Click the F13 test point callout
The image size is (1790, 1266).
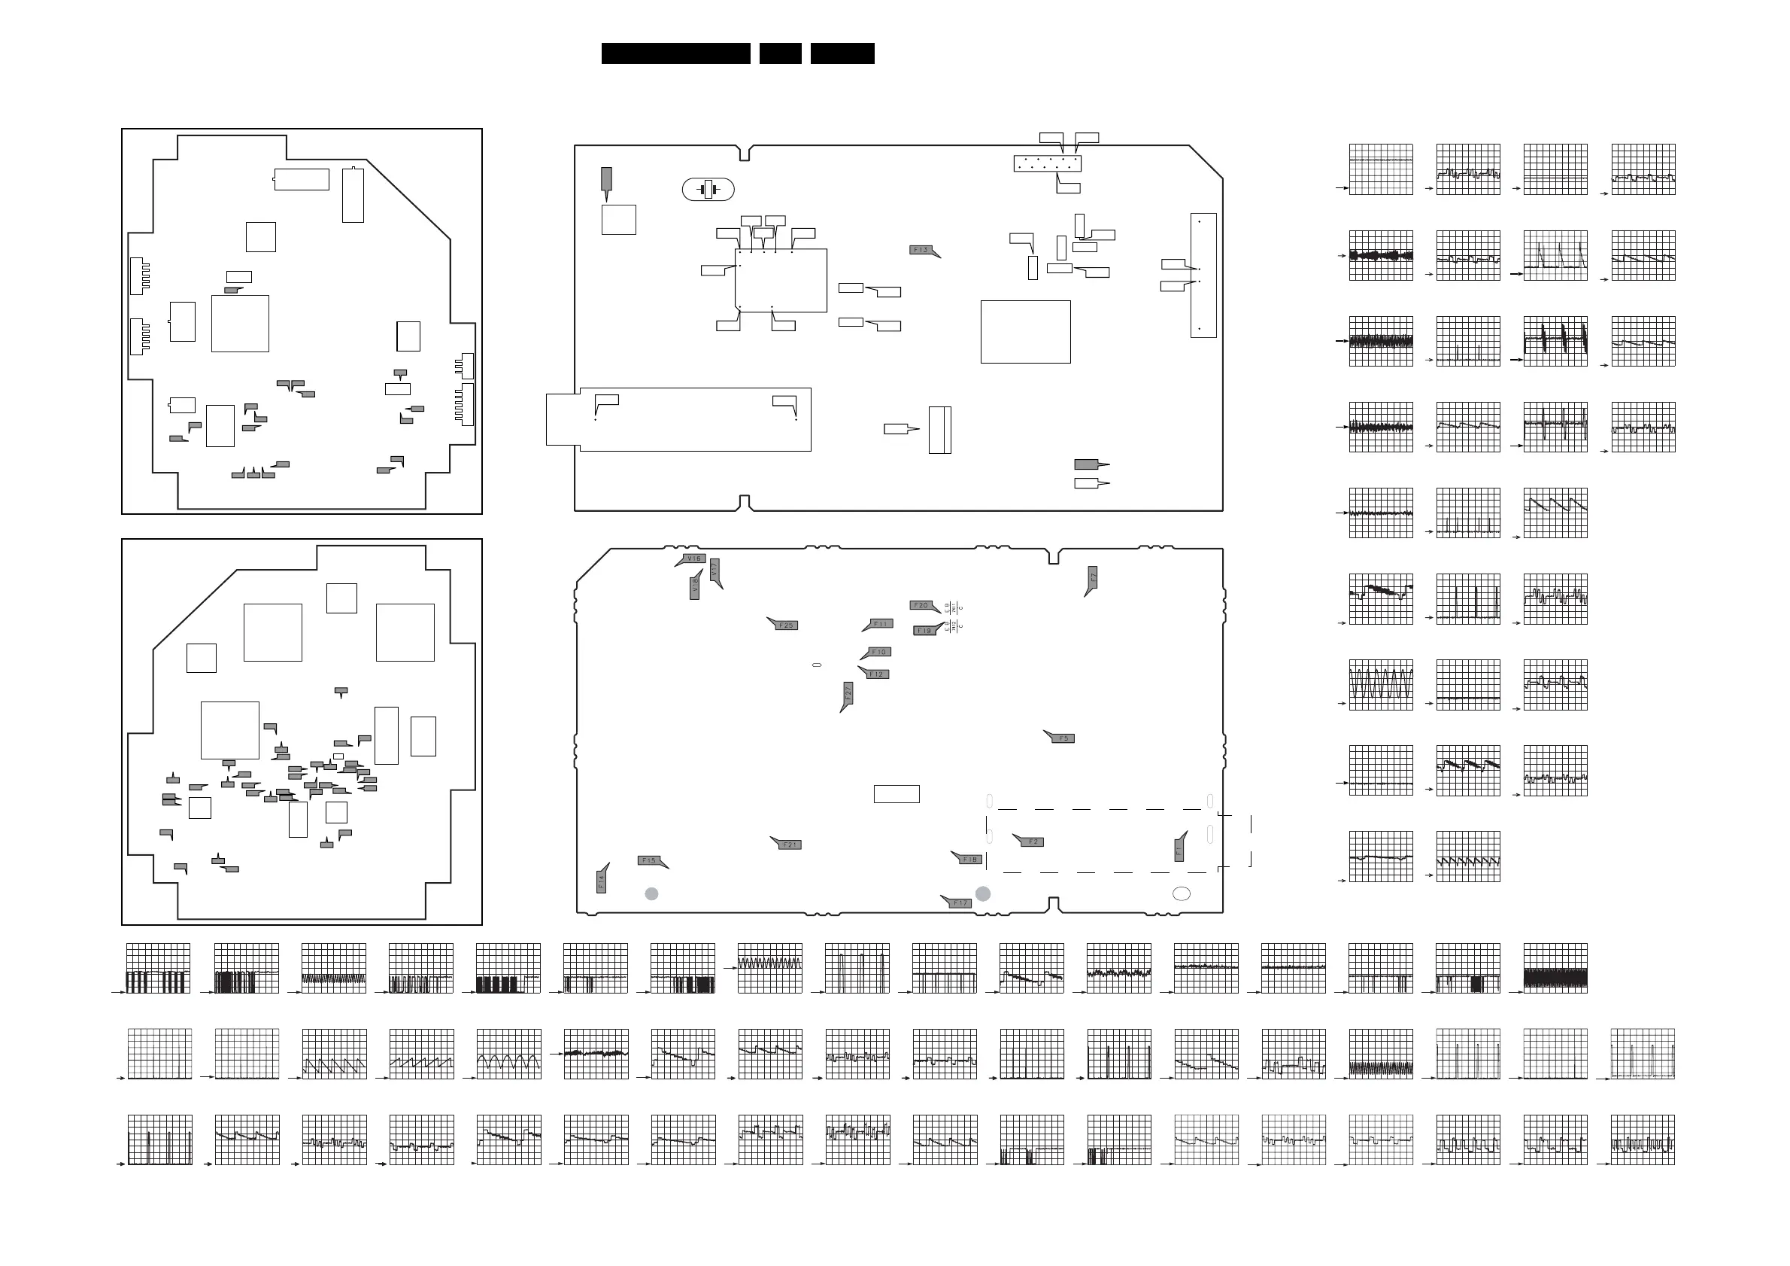921,251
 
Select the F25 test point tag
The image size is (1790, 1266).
786,625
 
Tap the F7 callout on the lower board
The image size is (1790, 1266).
1093,578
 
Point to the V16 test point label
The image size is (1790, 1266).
694,558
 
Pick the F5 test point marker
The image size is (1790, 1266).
1063,738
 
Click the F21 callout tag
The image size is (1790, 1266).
790,845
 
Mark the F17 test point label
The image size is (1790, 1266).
960,903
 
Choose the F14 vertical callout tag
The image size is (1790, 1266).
601,881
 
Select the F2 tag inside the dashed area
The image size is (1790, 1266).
1033,841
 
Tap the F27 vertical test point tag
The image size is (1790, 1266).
848,692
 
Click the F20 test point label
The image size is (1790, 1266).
921,605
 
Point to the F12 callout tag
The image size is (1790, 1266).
877,674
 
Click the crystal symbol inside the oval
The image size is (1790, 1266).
708,190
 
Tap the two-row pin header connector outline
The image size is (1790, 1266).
1047,164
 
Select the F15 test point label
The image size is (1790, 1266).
648,860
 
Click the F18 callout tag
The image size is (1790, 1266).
970,860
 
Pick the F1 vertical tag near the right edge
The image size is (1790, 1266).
1179,851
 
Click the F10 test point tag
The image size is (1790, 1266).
879,652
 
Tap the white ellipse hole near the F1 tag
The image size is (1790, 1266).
1181,894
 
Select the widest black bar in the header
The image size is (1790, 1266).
675,53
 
